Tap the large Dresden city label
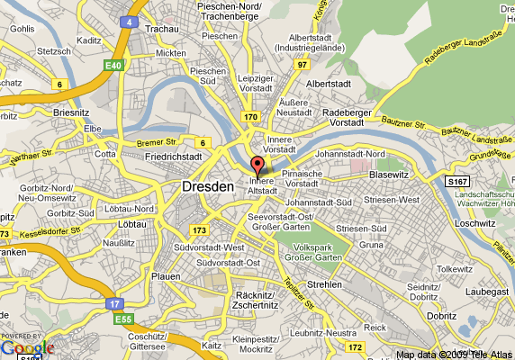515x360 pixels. [207, 186]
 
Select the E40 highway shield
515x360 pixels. [113, 66]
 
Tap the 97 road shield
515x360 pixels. [303, 65]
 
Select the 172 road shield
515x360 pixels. [356, 346]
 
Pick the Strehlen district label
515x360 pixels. [323, 284]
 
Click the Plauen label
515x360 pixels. [166, 276]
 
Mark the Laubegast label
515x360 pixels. [487, 291]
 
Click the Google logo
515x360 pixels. [27, 347]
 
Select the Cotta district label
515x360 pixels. [105, 153]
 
